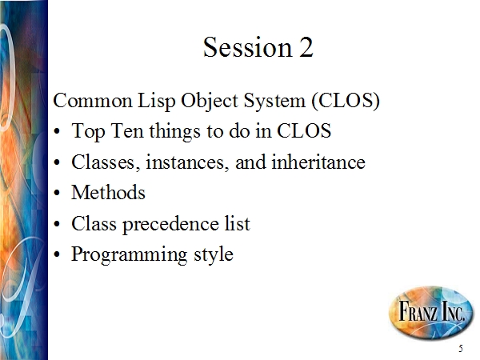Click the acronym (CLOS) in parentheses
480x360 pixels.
tap(346, 101)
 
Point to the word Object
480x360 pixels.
tap(210, 102)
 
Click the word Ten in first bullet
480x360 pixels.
tap(127, 130)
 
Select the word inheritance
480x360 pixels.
tap(318, 162)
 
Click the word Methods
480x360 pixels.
tap(108, 193)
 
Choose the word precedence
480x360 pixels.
tap(171, 224)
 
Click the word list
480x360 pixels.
tap(238, 223)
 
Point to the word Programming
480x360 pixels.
tap(129, 255)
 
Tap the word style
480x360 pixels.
tap(214, 255)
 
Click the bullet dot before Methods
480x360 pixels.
tap(57, 193)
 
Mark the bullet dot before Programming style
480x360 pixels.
tap(57, 254)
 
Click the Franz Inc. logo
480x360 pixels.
tap(431, 313)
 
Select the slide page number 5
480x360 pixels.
tap(461, 348)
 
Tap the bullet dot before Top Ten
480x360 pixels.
tap(57, 132)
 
